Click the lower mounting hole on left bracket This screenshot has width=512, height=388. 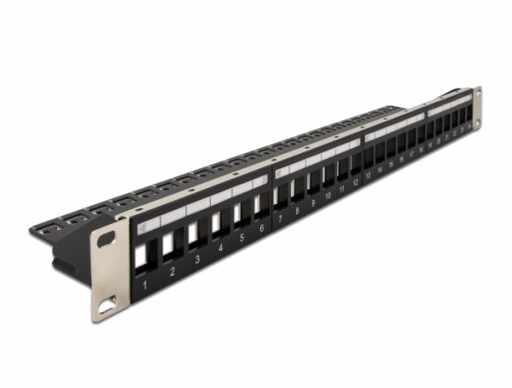coord(108,301)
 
